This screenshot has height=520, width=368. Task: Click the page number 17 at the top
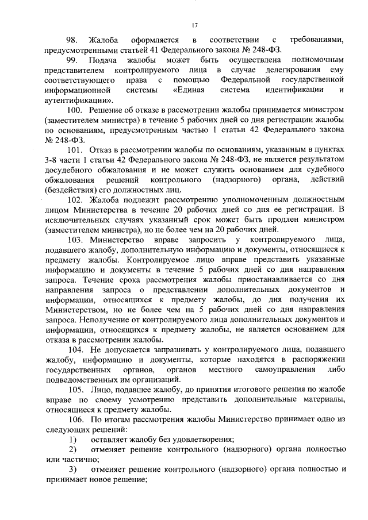point(195,25)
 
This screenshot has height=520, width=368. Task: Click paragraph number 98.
point(72,40)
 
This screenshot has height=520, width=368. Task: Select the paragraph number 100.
point(75,110)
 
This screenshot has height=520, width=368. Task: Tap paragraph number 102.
point(75,199)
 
